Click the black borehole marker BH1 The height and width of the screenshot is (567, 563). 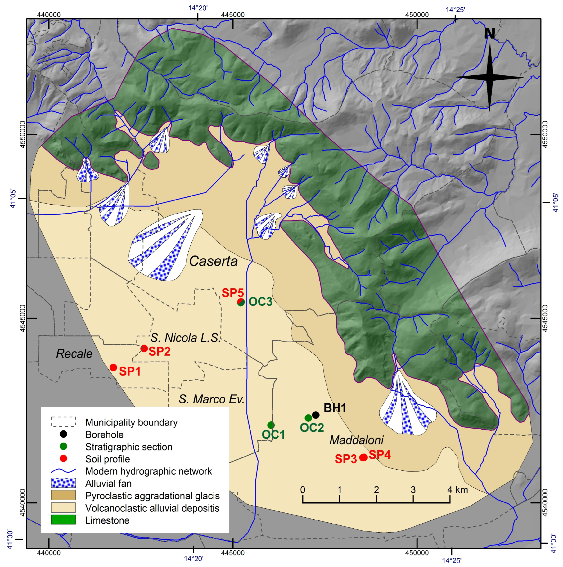[316, 415]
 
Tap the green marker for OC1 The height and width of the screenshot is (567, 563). [271, 425]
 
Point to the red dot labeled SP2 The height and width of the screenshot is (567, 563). [144, 348]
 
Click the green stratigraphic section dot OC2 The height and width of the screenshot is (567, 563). [308, 418]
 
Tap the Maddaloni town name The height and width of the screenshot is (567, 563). [356, 440]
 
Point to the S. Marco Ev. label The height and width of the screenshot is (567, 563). [211, 399]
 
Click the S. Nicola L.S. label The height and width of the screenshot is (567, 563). [185, 338]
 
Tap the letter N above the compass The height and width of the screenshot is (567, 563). [489, 34]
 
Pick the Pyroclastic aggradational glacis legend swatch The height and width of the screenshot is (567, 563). [63, 495]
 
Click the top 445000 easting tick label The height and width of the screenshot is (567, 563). [233, 15]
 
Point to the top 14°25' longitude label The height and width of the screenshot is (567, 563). [455, 10]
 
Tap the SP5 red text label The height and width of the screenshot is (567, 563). [232, 293]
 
